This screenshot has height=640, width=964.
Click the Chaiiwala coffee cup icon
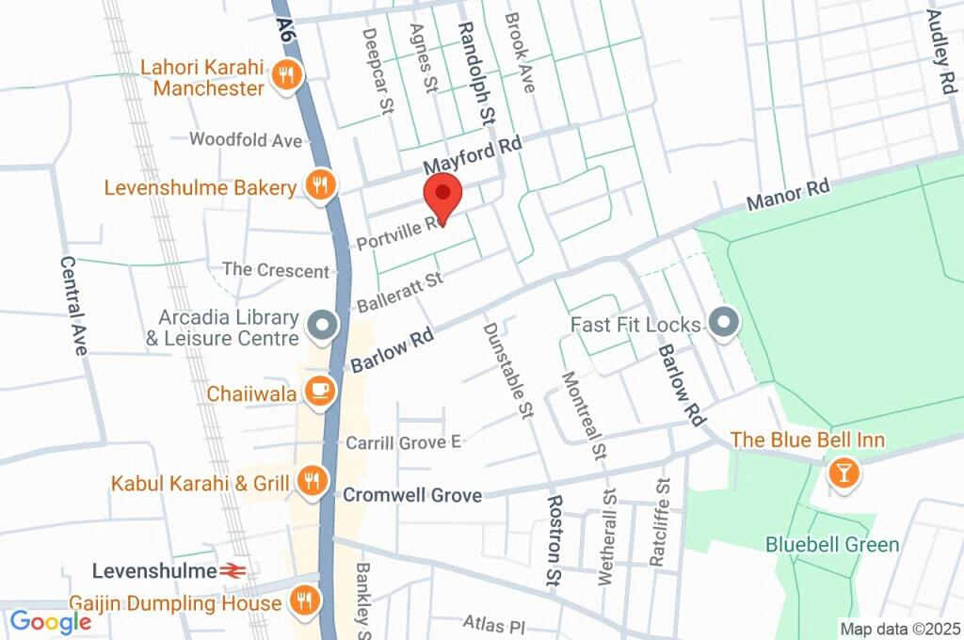321,391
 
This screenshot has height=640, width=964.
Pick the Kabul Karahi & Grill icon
310,483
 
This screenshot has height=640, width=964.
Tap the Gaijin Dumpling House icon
303,599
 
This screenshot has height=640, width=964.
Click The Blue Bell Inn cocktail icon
843,472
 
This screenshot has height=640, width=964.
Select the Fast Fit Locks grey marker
724,324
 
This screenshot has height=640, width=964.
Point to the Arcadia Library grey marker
324,326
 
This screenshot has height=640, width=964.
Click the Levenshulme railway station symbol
233,571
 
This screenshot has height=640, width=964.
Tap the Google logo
50,621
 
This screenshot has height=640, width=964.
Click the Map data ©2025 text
900,629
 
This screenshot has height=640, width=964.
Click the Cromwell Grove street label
412,495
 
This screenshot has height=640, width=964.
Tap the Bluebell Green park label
831,544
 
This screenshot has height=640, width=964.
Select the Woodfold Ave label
246,140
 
